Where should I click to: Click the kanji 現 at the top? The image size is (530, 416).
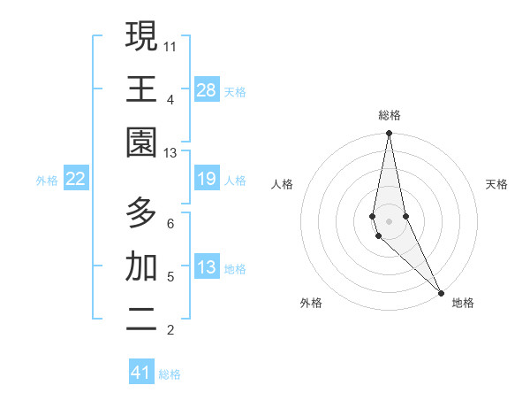point(141,36)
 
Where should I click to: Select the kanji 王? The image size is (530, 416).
point(141,89)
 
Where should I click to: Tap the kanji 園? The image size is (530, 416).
point(141,143)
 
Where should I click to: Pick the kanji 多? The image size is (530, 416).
point(141,213)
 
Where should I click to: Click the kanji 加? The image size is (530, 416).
point(141,266)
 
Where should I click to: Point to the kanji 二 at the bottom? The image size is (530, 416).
point(141,320)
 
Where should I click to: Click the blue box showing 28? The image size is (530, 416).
point(207,90)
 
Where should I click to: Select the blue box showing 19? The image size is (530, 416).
point(207,179)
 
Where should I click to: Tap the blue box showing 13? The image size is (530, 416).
point(207,267)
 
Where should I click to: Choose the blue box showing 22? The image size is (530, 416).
point(76,179)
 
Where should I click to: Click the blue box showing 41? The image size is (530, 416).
point(141,373)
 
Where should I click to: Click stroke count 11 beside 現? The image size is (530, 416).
point(170,46)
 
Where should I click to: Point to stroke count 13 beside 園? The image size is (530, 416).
point(170,152)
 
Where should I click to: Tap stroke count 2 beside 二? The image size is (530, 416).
point(170,330)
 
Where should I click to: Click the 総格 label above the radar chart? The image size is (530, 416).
point(389,115)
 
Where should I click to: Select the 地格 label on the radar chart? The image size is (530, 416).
point(463,303)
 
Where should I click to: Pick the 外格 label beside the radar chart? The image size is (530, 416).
point(311,303)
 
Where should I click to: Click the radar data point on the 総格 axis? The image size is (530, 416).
point(389,135)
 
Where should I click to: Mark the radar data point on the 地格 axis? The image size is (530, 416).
point(441,291)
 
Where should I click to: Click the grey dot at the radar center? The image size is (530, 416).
point(389,220)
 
